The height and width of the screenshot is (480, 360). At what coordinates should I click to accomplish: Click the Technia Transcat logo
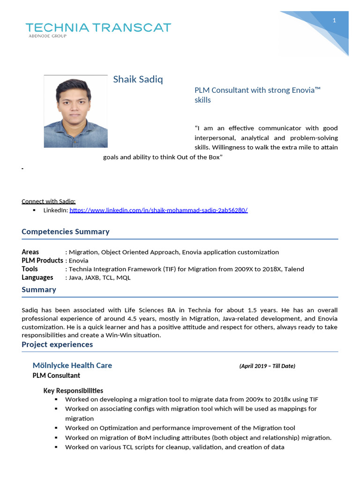[x=98, y=28]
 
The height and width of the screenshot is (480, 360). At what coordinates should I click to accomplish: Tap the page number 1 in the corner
[x=334, y=20]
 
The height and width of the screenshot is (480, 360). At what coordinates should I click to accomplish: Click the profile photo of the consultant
[x=75, y=112]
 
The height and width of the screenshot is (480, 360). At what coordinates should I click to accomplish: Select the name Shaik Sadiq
[x=138, y=79]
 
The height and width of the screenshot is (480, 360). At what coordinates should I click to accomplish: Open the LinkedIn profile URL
[x=158, y=210]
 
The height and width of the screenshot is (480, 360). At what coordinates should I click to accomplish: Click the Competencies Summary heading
[x=66, y=232]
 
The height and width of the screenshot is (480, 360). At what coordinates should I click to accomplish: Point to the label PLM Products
[x=42, y=261]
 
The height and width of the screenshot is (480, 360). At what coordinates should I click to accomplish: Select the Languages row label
[x=37, y=277]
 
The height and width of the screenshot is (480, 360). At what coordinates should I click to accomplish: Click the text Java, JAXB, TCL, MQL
[x=100, y=277]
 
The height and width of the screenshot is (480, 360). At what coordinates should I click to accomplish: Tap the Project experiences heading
[x=57, y=345]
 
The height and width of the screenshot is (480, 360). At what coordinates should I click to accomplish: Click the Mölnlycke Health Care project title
[x=72, y=365]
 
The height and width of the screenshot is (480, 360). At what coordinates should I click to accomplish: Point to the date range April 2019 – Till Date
[x=267, y=366]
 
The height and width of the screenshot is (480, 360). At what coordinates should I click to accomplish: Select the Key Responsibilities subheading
[x=73, y=390]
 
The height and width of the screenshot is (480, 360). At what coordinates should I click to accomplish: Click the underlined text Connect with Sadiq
[x=49, y=202]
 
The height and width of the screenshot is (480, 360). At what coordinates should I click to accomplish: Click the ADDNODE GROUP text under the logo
[x=48, y=36]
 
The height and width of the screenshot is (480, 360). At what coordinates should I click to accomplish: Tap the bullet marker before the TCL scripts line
[x=56, y=447]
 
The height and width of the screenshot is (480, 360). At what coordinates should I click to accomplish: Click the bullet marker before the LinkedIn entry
[x=34, y=210]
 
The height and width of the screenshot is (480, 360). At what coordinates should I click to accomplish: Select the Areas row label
[x=30, y=252]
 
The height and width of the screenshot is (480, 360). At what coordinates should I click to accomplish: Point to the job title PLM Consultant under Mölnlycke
[x=56, y=375]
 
